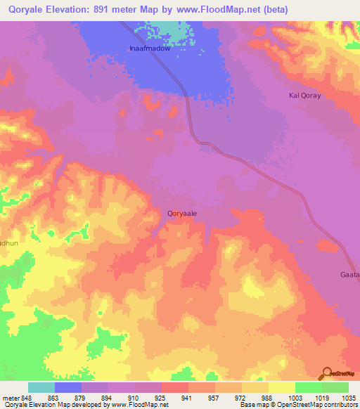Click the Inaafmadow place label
coord(149,49)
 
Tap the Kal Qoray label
coord(305,95)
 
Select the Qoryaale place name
coord(181,211)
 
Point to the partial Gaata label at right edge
coord(350,274)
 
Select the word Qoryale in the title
coord(27,10)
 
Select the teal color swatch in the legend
coord(41,387)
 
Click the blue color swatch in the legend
coord(68,387)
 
